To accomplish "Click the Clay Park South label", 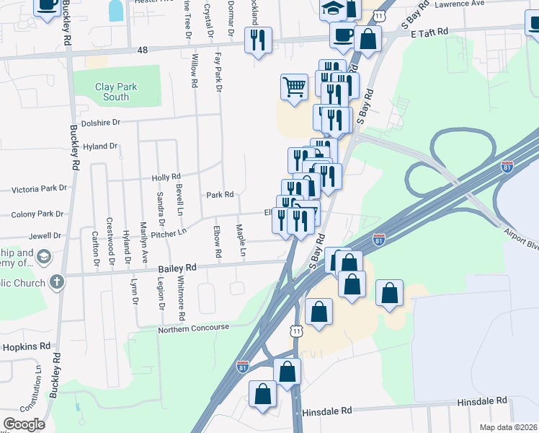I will point(115,92).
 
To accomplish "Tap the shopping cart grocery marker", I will point(294,87).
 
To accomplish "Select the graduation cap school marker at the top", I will point(333,7).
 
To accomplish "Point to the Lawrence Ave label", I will point(458,4).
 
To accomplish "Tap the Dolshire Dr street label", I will point(99,123).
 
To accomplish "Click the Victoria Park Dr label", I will point(39,188).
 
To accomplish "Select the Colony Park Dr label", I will point(38,214).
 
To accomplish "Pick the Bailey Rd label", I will point(177,268).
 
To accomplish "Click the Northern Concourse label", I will point(193,328).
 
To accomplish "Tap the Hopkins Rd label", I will point(26,346).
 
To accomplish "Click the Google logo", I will point(23,424).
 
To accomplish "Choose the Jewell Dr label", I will point(45,236).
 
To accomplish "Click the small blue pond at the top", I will point(115,9).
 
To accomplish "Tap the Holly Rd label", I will point(165,177).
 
